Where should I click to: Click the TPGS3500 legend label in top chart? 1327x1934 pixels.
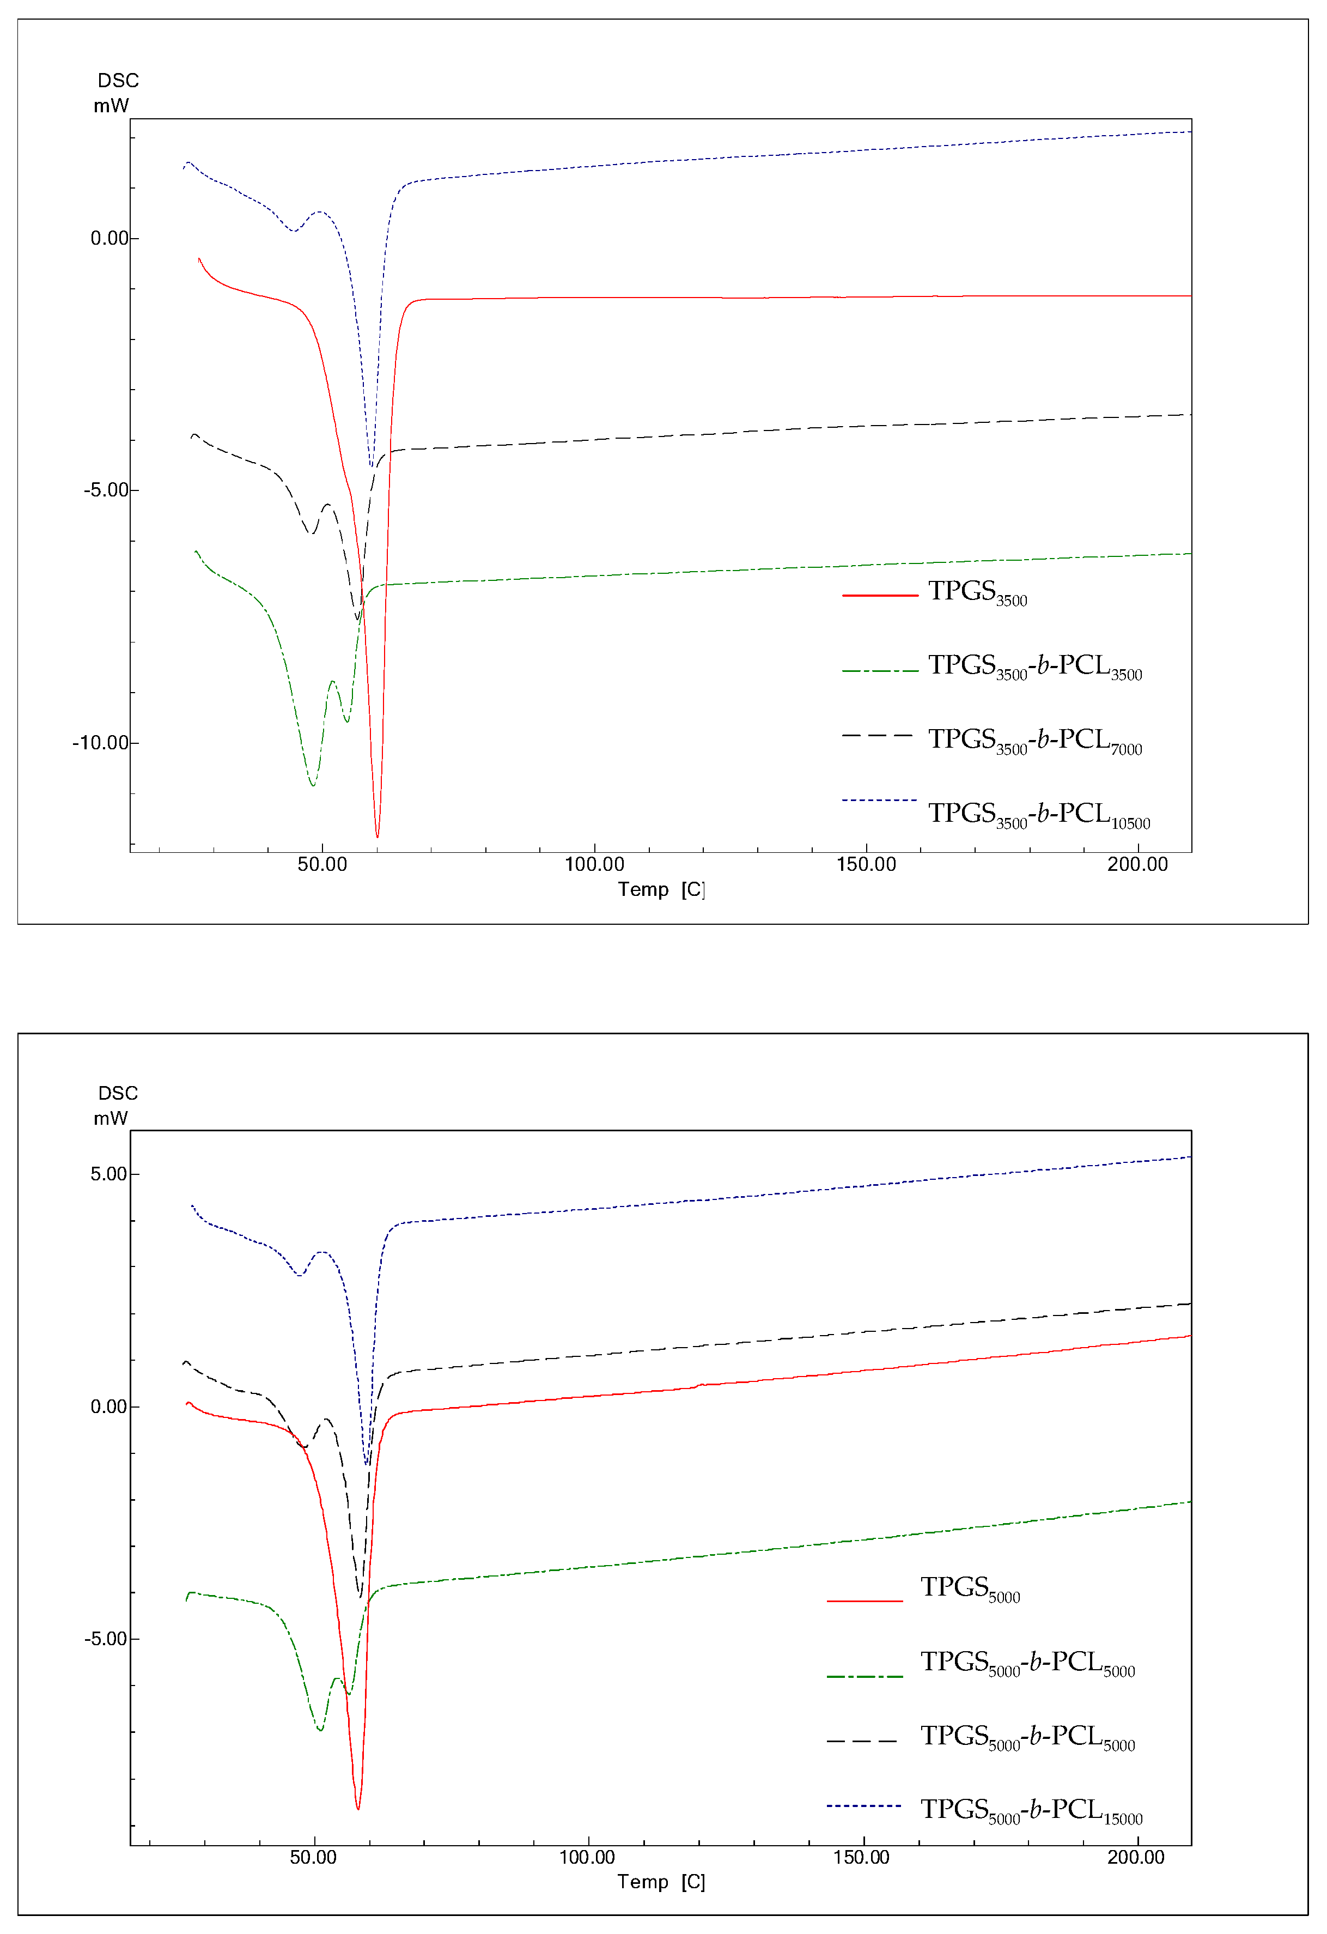(x=978, y=592)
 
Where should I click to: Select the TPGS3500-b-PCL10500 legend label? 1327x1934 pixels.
(x=1038, y=815)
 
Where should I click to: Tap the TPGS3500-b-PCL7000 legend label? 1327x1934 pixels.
(x=1034, y=741)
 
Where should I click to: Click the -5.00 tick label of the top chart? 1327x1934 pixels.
(x=106, y=490)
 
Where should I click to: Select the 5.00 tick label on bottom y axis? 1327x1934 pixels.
(x=108, y=1174)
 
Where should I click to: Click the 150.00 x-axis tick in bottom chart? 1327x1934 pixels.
(x=861, y=1858)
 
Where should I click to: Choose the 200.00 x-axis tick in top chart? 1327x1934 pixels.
(x=1137, y=865)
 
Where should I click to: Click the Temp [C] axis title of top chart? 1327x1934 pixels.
(x=661, y=889)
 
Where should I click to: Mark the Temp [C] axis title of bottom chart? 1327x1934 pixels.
(x=661, y=1882)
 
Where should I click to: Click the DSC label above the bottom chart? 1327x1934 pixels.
(x=118, y=1094)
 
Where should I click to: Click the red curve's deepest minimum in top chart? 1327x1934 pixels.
(x=377, y=836)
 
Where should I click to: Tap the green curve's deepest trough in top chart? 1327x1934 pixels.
(x=313, y=785)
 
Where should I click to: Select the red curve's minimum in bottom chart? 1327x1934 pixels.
(x=358, y=1808)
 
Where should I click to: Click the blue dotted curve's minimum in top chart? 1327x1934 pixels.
(x=371, y=466)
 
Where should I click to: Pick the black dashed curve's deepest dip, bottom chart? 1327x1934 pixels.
(x=360, y=1596)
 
